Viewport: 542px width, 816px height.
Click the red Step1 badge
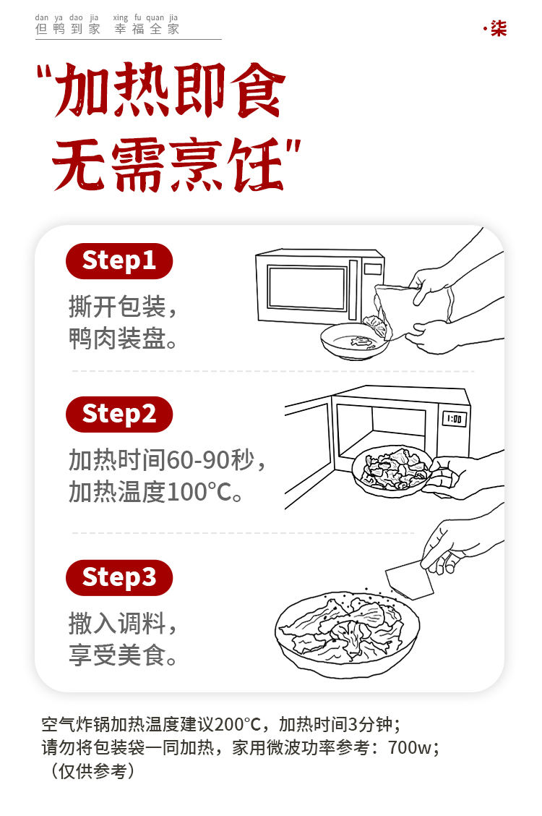pyautogui.click(x=119, y=260)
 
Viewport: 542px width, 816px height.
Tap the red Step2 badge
pyautogui.click(x=119, y=415)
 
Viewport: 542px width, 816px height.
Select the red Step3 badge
pyautogui.click(x=119, y=578)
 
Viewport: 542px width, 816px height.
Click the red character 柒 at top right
pyautogui.click(x=499, y=28)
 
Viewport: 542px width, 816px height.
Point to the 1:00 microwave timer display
pyautogui.click(x=454, y=419)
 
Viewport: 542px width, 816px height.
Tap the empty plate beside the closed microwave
pyautogui.click(x=354, y=341)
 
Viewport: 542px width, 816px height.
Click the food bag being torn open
pyautogui.click(x=413, y=310)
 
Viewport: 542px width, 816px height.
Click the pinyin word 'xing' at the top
pyautogui.click(x=121, y=17)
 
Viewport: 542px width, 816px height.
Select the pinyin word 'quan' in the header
pyautogui.click(x=155, y=17)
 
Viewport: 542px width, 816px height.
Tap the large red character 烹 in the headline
pyautogui.click(x=199, y=164)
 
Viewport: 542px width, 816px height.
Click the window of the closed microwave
pyautogui.click(x=306, y=287)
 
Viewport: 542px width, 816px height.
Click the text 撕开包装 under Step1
pyautogui.click(x=118, y=307)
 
